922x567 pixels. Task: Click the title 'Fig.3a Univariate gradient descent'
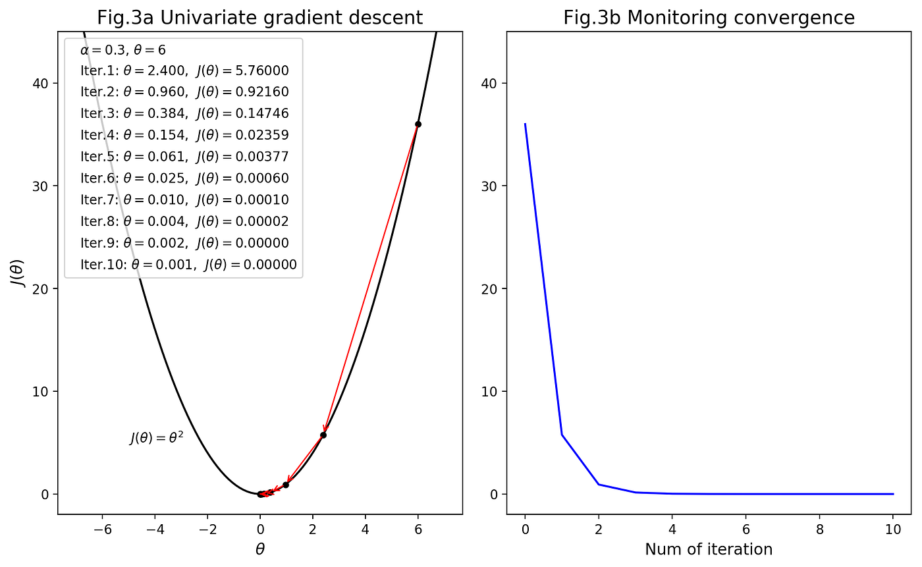coord(259,18)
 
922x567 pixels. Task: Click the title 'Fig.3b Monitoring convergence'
coord(709,18)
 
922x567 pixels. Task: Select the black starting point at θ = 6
coord(418,124)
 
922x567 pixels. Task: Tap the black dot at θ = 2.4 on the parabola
coord(323,435)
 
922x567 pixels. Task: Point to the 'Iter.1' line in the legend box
coord(184,70)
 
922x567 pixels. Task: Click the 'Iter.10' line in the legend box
coord(188,265)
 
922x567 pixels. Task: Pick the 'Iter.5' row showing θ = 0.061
coord(184,157)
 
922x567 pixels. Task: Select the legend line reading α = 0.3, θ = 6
coord(123,50)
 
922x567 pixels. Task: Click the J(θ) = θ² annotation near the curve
coord(157,438)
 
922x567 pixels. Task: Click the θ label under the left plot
coord(259,549)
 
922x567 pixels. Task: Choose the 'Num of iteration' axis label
coord(709,549)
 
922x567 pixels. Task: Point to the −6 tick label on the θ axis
coord(103,529)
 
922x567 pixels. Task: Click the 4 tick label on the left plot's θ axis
coord(365,529)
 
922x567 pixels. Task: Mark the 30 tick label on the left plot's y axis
coord(40,186)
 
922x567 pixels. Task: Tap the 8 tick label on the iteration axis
coord(819,529)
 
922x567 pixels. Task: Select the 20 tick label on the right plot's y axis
coord(489,288)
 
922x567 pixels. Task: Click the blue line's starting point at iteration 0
coord(526,124)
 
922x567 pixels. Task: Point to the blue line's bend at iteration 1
coord(562,435)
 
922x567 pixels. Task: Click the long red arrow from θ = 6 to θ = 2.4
coord(371,279)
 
